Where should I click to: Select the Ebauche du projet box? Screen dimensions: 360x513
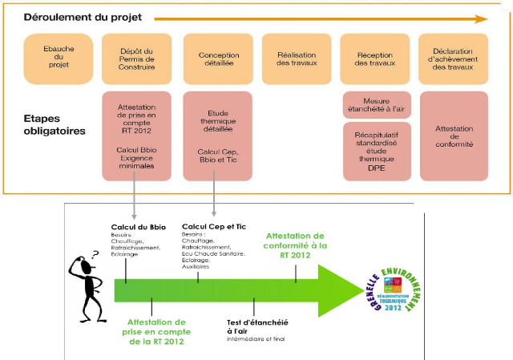tap(58, 57)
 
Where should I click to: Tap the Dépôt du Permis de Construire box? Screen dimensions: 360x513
tap(137, 57)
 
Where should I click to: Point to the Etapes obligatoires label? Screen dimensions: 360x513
tap(55, 124)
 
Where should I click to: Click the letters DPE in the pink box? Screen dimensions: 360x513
tap(376, 169)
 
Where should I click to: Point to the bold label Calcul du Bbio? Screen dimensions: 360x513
tap(138, 228)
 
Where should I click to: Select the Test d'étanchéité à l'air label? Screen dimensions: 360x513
tap(256, 326)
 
